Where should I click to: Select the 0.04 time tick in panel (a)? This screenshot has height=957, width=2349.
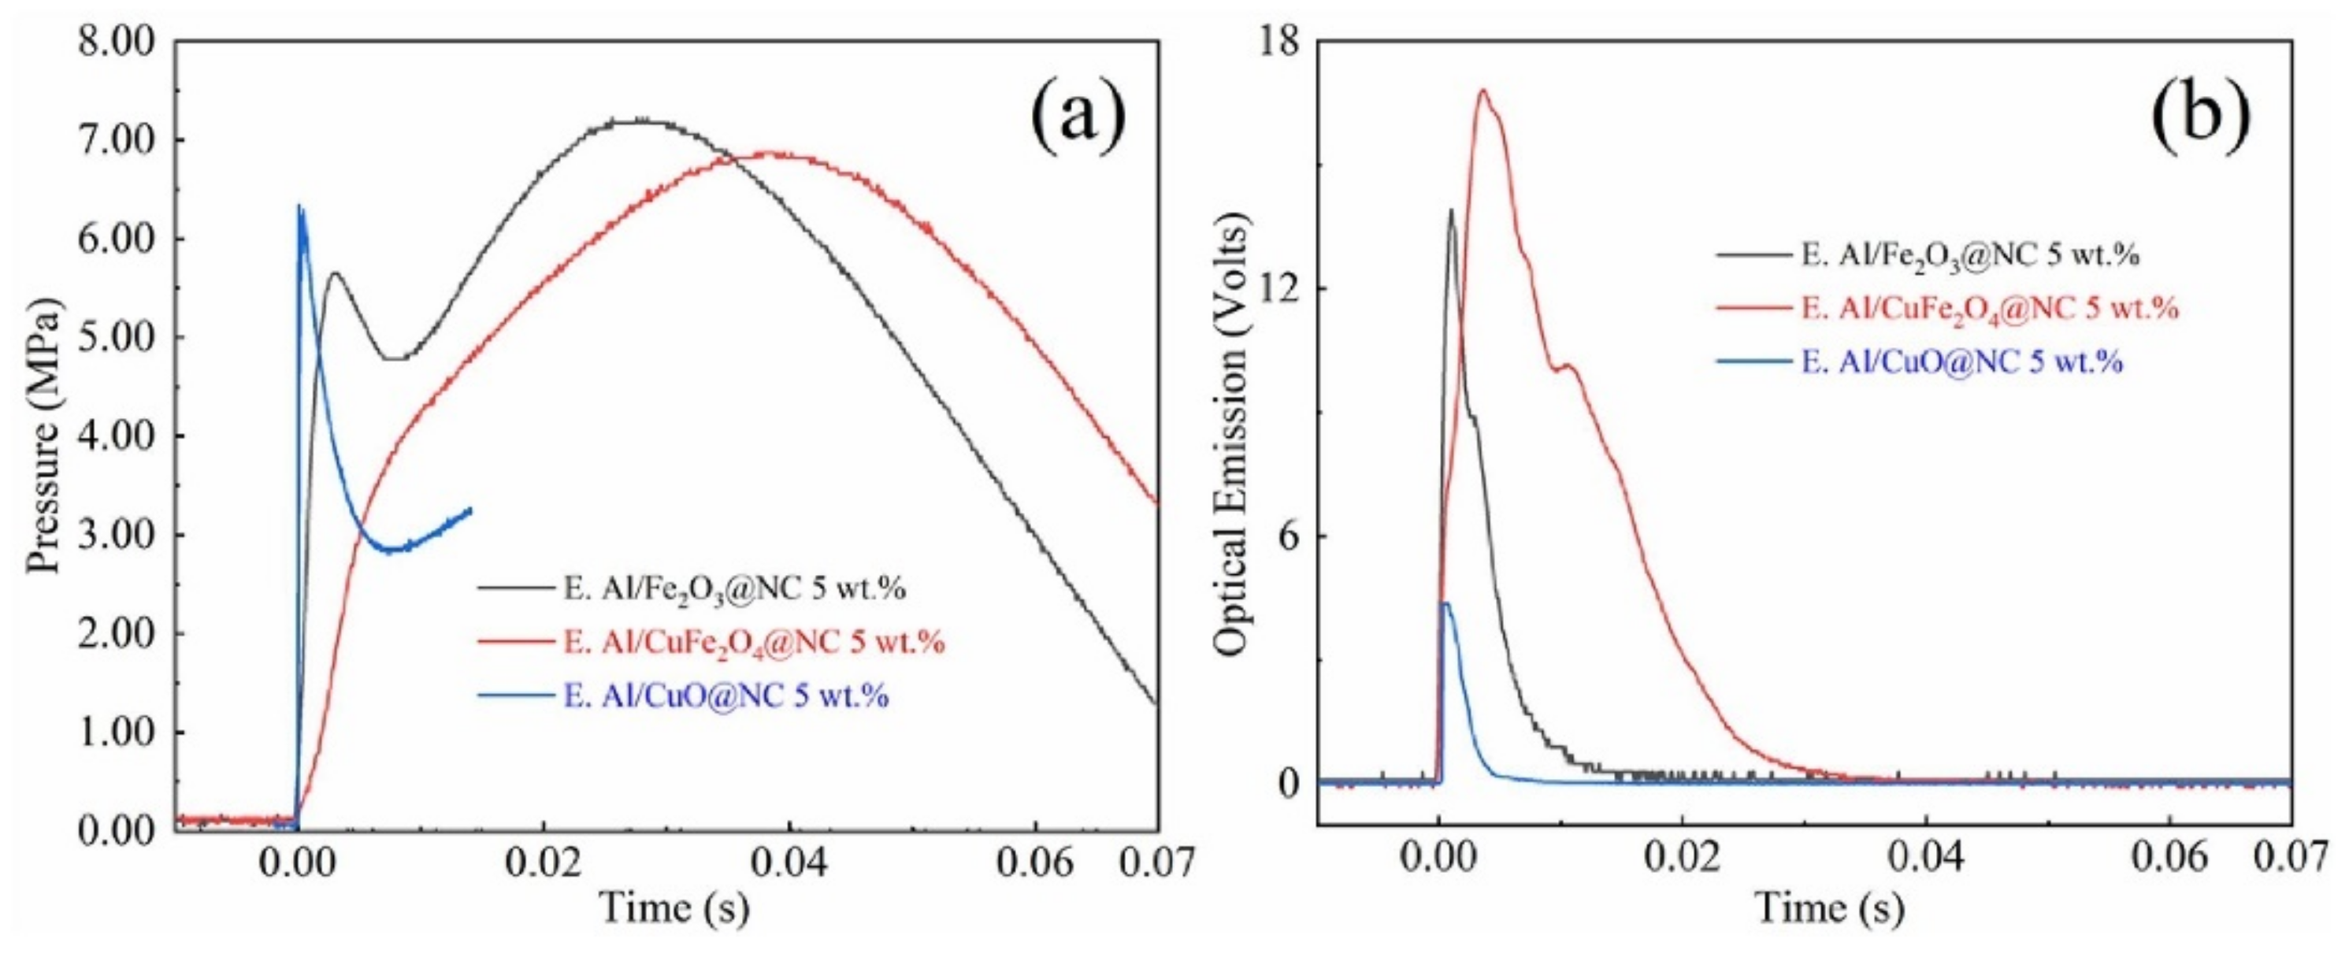[789, 863]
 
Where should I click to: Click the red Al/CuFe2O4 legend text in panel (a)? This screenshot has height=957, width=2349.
[754, 643]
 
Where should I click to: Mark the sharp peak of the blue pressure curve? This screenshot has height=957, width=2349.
[300, 207]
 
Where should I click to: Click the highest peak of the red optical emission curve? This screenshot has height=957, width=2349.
[1483, 91]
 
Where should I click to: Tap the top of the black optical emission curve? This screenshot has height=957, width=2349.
[1450, 210]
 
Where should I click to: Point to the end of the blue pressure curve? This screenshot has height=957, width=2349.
[470, 510]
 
